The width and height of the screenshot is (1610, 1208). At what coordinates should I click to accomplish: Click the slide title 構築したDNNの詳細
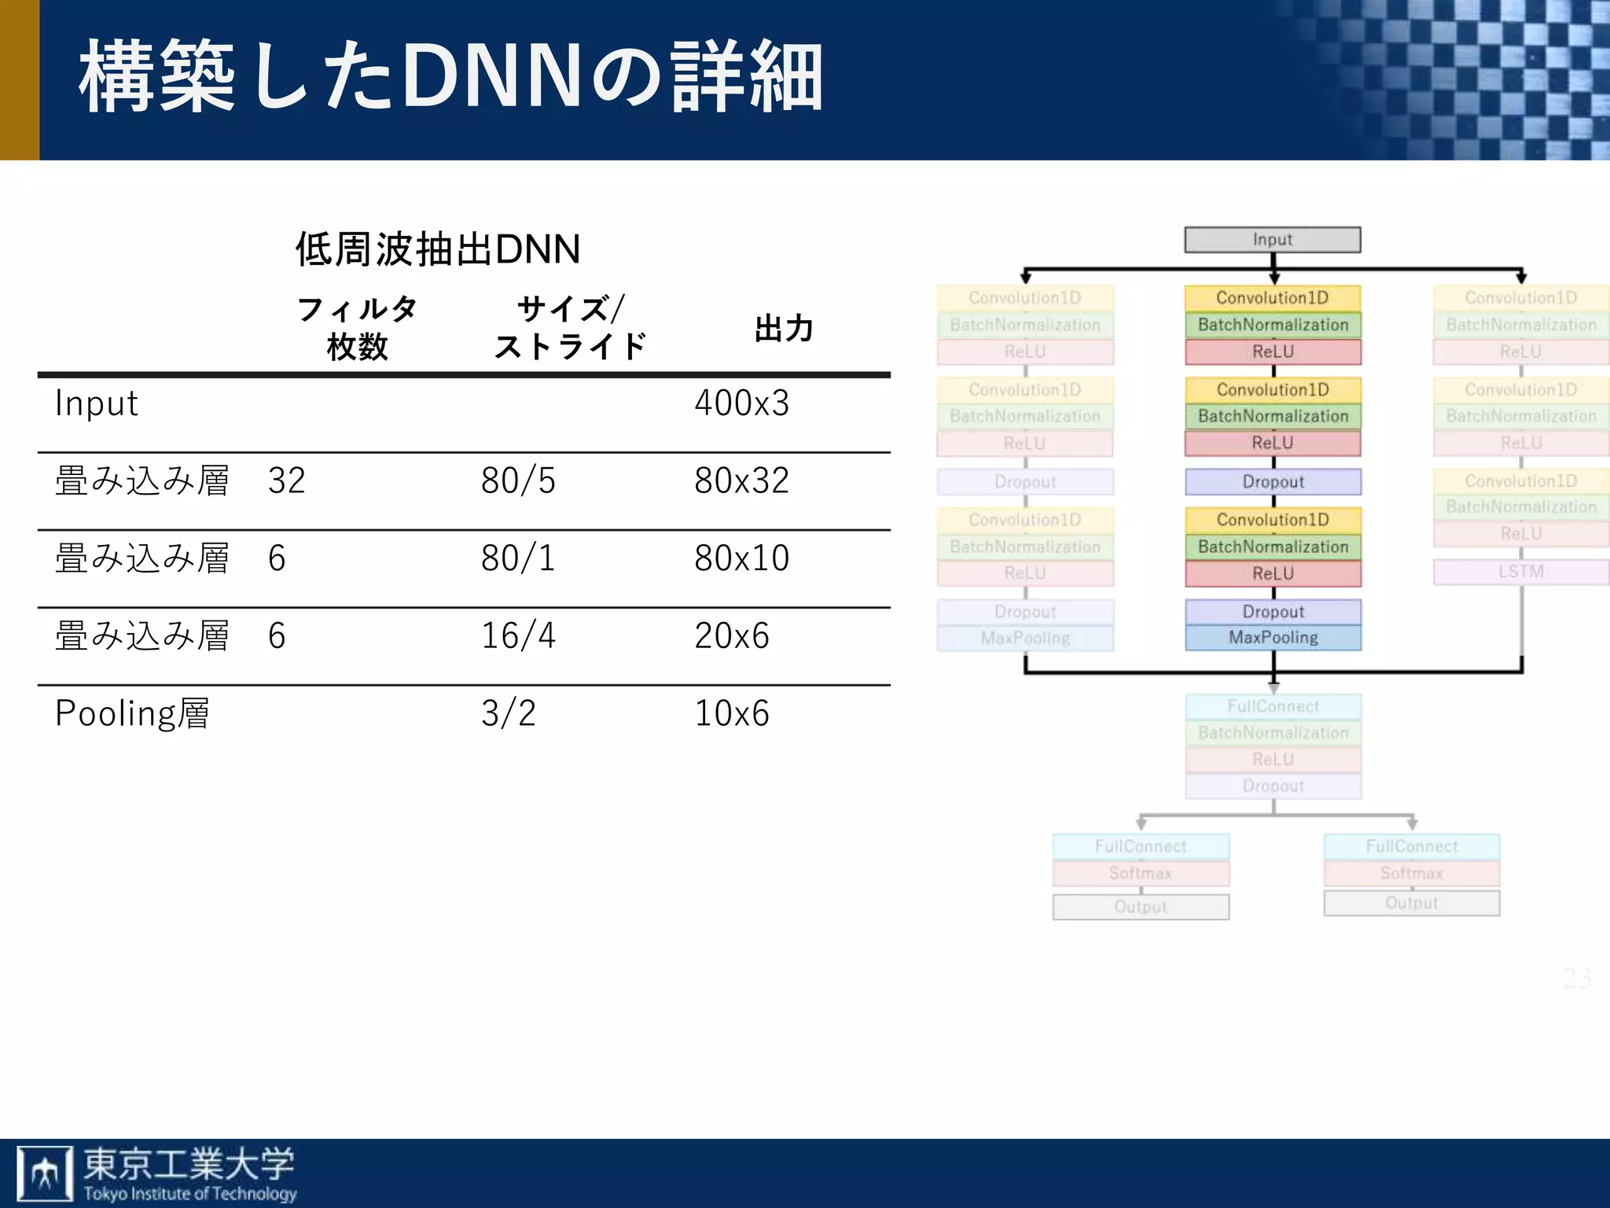coord(450,77)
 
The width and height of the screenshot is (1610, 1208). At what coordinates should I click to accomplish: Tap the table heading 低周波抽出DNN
coord(437,249)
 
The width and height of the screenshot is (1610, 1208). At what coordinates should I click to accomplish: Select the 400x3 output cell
coord(741,403)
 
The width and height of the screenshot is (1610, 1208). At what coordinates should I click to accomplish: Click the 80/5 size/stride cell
coord(518,481)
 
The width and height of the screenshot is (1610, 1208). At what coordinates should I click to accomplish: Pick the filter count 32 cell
coord(286,481)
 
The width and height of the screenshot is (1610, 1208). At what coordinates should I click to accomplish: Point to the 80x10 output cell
coord(741,558)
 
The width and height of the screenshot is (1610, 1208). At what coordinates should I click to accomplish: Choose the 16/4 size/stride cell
coord(518,635)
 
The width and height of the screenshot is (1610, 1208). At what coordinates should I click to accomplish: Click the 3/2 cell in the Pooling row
coord(508,713)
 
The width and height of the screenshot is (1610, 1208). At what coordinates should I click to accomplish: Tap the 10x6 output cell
coord(731,713)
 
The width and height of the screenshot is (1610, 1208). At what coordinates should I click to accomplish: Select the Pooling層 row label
coord(132,713)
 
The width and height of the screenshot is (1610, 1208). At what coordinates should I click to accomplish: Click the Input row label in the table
coord(96,403)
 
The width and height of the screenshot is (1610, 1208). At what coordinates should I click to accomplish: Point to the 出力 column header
coord(783,329)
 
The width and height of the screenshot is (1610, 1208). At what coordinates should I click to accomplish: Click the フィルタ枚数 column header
coord(358,328)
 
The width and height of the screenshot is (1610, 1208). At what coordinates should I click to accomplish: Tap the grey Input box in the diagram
coord(1272,240)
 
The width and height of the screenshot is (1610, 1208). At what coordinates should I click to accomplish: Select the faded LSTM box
coord(1520,572)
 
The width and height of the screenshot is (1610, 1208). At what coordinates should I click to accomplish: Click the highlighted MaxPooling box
coord(1273,638)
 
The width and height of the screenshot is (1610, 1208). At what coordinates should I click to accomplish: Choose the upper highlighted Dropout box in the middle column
coord(1273,482)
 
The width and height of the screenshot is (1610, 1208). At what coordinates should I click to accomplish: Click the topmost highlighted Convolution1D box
coord(1273,298)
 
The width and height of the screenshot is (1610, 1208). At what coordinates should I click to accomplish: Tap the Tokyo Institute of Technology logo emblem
coord(45,1173)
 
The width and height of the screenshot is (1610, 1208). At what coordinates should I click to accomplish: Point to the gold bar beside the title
coord(19,79)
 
